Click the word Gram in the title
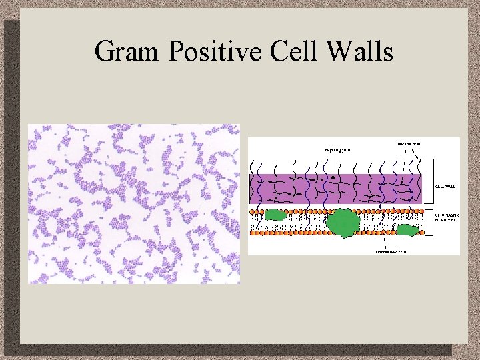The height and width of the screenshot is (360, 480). pyautogui.click(x=127, y=51)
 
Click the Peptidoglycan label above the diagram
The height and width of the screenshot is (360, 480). pyautogui.click(x=337, y=150)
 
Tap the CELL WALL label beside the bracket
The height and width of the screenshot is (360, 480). pyautogui.click(x=446, y=187)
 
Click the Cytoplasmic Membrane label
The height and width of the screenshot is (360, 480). pyautogui.click(x=447, y=220)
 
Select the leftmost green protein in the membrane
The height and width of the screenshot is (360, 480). pyautogui.click(x=275, y=215)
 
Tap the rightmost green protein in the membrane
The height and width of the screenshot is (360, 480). pyautogui.click(x=407, y=230)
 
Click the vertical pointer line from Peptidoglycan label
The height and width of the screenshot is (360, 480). pyautogui.click(x=333, y=165)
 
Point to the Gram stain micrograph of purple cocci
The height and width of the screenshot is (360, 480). pyautogui.click(x=133, y=203)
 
